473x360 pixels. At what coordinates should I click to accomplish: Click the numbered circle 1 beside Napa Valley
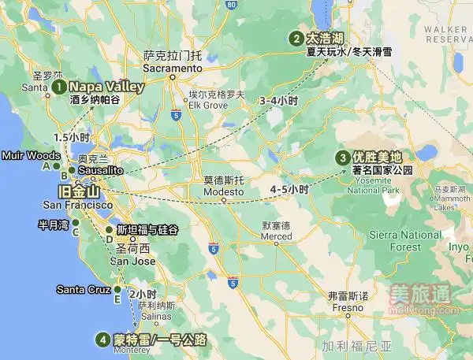(59, 87)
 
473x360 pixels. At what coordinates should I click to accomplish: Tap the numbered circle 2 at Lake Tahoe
(296, 39)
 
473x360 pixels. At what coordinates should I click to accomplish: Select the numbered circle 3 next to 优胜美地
(343, 158)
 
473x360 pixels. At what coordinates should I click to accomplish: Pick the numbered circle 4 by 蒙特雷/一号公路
(102, 340)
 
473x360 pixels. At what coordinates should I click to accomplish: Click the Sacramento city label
(173, 69)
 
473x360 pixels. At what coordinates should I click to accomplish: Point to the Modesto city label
(224, 192)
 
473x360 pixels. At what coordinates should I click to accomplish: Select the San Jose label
(132, 261)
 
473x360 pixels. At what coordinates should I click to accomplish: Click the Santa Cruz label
(84, 290)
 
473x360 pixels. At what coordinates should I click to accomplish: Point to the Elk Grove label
(207, 105)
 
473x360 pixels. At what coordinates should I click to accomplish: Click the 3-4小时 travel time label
(277, 102)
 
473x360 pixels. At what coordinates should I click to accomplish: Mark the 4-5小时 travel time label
(289, 190)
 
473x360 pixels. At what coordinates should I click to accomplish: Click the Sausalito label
(99, 170)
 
